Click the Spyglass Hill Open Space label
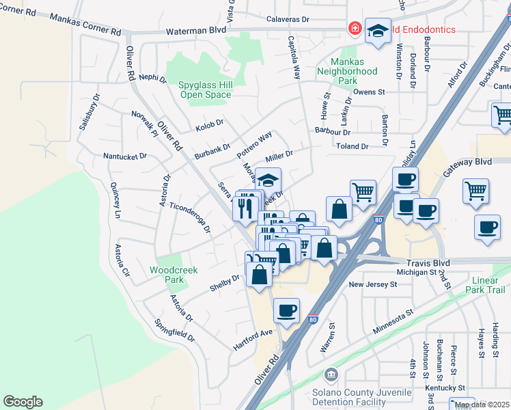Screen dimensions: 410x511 tap(205, 90)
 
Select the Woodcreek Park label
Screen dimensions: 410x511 tap(174, 275)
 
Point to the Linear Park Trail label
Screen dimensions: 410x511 tap(488, 285)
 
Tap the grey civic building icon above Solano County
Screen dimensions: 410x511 tap(331, 375)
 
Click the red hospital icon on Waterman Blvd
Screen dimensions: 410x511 tap(355, 29)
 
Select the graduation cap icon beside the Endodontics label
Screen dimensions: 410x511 tap(378, 31)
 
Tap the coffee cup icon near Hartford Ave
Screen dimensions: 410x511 tap(287, 311)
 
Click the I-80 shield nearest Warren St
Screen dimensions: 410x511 tap(312, 318)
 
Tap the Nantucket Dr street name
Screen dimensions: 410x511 tap(125, 156)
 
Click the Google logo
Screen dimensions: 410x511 tap(23, 402)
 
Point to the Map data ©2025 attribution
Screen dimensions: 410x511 tap(482, 405)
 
